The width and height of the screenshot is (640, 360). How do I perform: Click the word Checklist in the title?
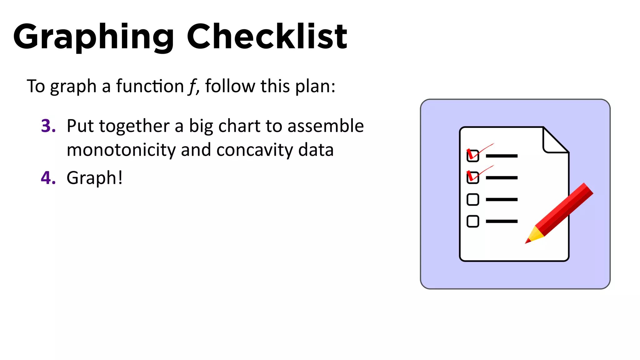pyautogui.click(x=267, y=37)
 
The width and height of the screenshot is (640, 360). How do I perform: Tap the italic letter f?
pyautogui.click(x=192, y=86)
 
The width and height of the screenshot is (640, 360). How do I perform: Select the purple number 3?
pyautogui.click(x=48, y=126)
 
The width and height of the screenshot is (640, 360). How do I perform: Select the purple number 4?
pyautogui.click(x=48, y=178)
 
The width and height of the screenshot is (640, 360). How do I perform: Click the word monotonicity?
pyautogui.click(x=121, y=150)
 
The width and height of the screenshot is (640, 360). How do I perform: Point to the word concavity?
pyautogui.click(x=255, y=150)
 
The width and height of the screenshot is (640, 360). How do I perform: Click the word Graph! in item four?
pyautogui.click(x=94, y=178)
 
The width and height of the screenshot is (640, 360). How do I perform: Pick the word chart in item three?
pyautogui.click(x=239, y=126)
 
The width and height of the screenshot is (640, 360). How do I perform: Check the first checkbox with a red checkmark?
pyautogui.click(x=472, y=156)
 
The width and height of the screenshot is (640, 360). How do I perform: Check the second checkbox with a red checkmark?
pyautogui.click(x=472, y=177)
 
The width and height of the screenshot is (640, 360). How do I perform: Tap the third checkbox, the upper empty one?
pyautogui.click(x=472, y=199)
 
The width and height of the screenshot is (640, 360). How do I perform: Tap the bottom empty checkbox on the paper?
pyautogui.click(x=472, y=221)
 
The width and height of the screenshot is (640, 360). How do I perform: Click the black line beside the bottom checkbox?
pyautogui.click(x=502, y=221)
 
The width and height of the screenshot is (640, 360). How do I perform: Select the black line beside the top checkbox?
pyautogui.click(x=502, y=156)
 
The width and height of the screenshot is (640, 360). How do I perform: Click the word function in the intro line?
pyautogui.click(x=150, y=86)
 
